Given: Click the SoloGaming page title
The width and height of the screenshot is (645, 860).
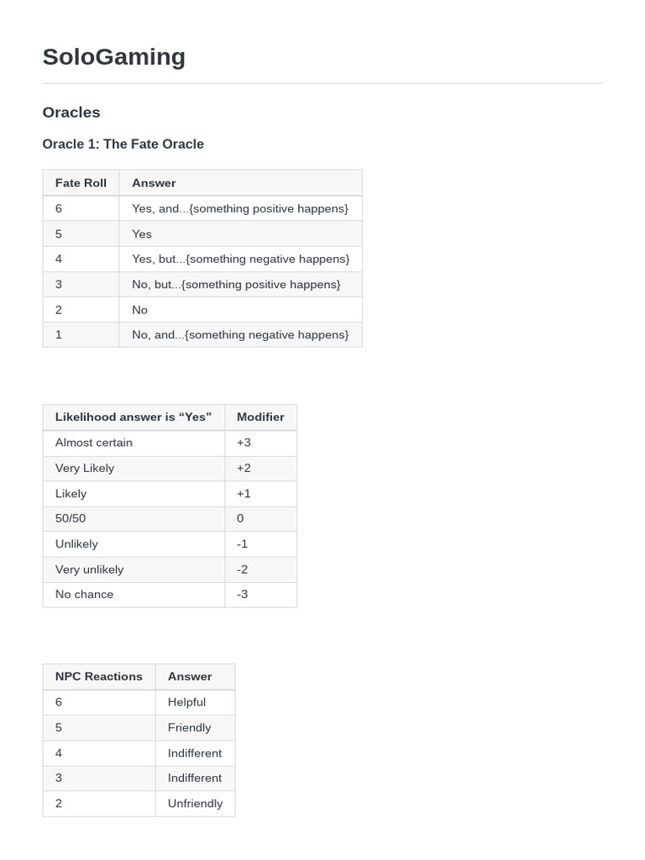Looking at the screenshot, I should tap(113, 56).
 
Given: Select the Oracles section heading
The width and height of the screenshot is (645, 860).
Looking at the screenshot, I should tap(71, 113).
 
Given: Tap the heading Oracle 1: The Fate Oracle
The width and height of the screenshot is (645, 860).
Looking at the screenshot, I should tap(123, 144).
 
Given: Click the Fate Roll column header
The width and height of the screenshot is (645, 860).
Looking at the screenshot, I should tap(81, 182).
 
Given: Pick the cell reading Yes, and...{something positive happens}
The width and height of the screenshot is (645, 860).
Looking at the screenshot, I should tap(239, 208).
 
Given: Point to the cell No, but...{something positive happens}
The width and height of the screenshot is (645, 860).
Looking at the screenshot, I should tap(236, 284).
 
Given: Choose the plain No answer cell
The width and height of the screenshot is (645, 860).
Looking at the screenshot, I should tap(139, 309).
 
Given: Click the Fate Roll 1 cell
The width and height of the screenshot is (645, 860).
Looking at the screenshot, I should tap(59, 334).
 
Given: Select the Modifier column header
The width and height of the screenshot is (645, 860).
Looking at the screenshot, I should tap(260, 417).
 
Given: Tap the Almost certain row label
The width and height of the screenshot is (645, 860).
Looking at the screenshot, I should tap(94, 443).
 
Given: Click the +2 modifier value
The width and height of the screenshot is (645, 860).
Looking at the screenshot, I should tap(244, 468).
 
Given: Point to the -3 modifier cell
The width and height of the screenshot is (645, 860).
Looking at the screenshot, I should tap(242, 594).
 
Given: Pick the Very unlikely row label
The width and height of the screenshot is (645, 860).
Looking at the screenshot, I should tap(89, 569).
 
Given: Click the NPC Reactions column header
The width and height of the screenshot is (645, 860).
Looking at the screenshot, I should tap(99, 676).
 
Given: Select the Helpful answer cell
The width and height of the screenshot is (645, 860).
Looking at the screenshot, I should tap(186, 702).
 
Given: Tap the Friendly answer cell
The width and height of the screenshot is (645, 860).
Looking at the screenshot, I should tap(189, 727).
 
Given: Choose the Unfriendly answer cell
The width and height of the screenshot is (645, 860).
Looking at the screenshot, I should tap(195, 803).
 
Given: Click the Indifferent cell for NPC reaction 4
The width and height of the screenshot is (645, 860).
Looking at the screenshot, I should tap(195, 752).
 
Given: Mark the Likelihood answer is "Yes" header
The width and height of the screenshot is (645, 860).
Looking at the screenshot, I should tap(134, 417).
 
